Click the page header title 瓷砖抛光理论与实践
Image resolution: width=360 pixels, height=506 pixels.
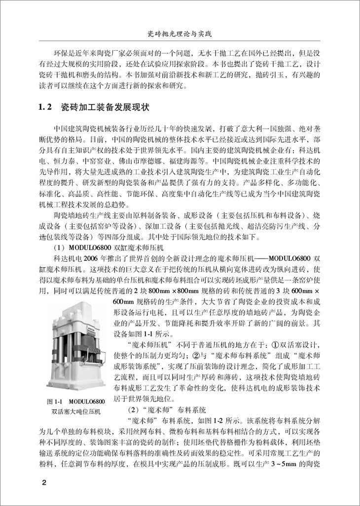point(180,34)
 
